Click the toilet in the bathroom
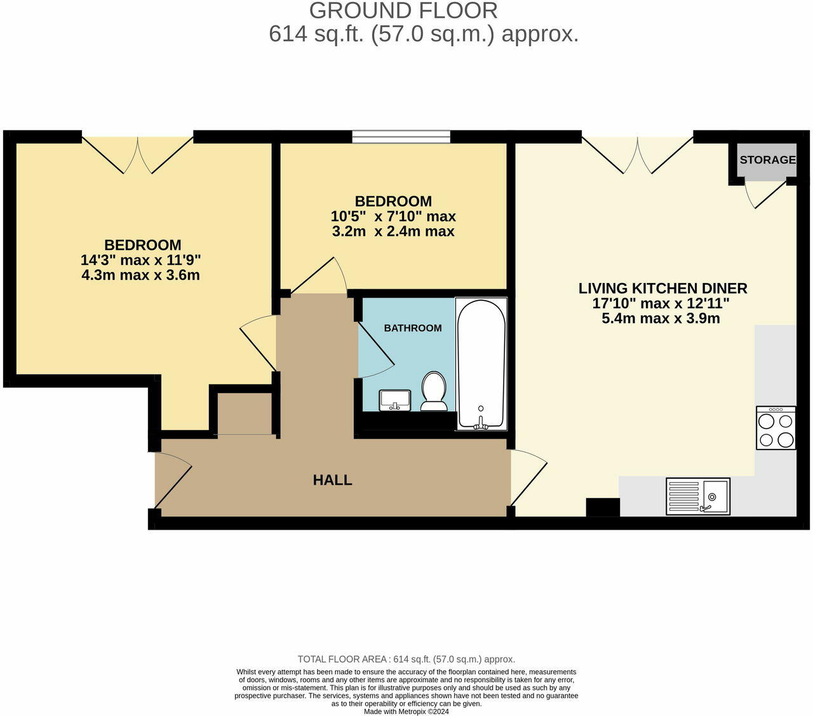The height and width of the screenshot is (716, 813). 434,391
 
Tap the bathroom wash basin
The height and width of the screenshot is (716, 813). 395,400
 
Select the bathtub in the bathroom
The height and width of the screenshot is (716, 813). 481,364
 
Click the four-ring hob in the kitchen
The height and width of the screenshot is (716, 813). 776,428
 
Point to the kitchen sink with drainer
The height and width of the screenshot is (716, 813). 698,496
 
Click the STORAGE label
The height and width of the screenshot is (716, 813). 768,160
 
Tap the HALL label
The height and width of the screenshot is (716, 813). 332,480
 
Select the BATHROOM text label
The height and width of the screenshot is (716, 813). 412,328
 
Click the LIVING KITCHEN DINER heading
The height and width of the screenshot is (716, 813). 662,288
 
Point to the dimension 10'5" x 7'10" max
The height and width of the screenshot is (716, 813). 393,217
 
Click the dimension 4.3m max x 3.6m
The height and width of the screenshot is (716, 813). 140,275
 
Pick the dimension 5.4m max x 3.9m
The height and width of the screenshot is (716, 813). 661,318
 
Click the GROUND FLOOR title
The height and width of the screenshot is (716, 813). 403,11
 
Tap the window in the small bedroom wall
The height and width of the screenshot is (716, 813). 401,137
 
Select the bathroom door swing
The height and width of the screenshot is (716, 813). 376,350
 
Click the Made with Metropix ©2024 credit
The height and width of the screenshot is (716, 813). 406,712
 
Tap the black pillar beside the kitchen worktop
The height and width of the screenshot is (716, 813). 603,507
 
